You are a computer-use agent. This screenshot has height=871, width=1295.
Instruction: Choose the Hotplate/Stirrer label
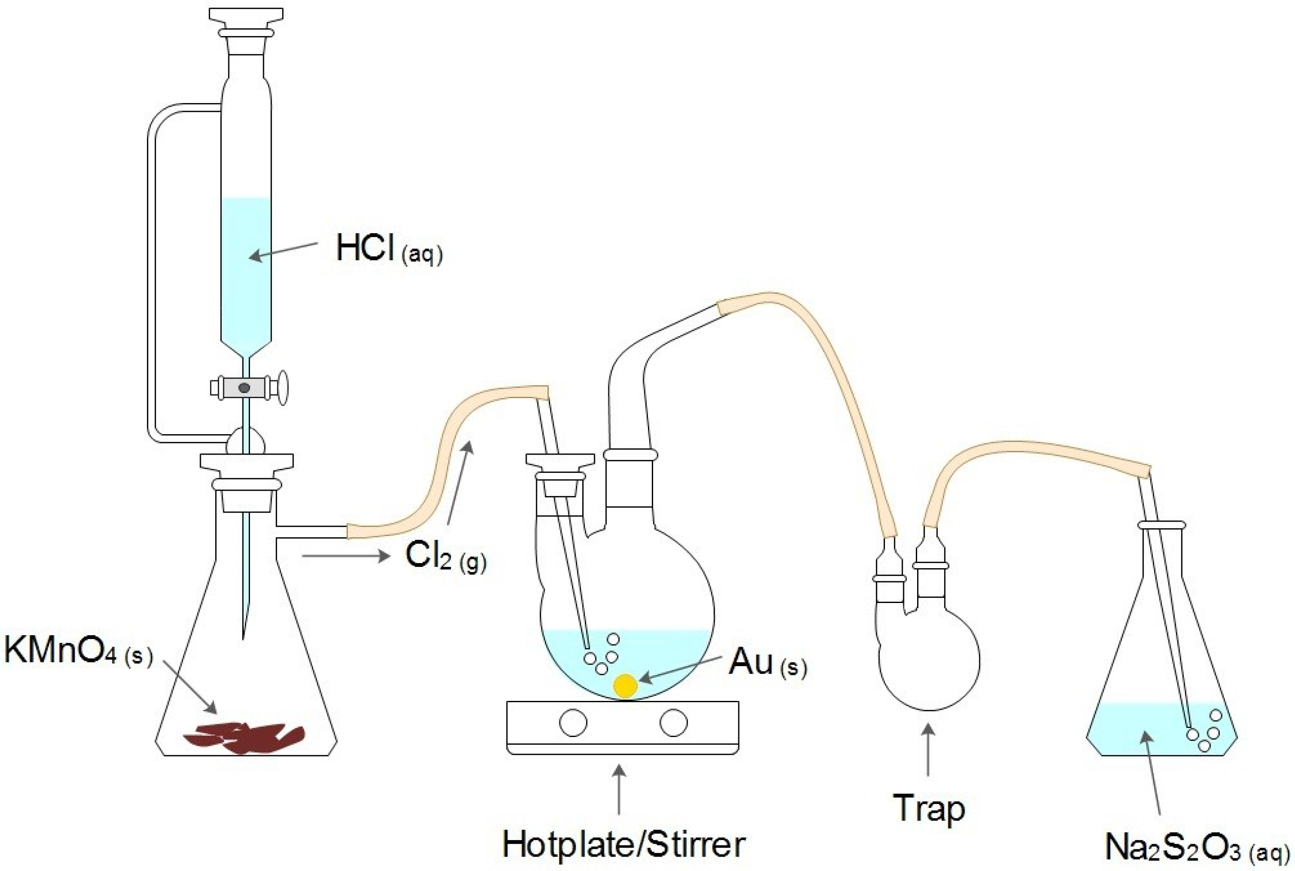pos(623,844)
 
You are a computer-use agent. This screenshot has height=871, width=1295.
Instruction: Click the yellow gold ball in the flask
pos(625,686)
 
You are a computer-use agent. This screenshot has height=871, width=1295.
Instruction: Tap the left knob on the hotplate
pos(573,723)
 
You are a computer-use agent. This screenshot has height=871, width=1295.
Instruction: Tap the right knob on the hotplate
pos(673,723)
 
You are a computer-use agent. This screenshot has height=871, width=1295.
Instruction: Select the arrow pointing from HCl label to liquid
pos(283,250)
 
